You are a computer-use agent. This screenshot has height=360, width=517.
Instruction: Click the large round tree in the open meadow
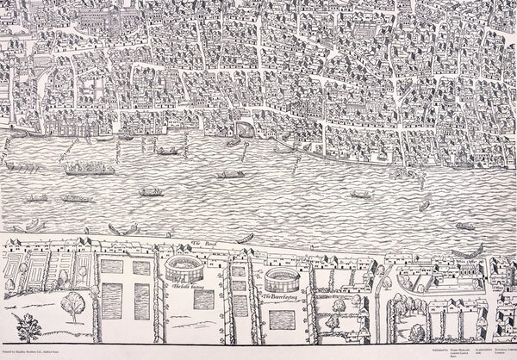tap(74, 304)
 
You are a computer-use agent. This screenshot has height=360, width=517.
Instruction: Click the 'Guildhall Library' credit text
tap(499, 348)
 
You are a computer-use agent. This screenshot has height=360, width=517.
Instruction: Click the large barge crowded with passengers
tap(90, 169)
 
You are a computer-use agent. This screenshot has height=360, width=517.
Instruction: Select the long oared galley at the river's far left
tap(22, 164)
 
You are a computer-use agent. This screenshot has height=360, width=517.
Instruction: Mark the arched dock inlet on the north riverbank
tap(244, 129)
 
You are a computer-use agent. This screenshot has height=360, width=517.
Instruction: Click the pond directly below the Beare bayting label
tap(281, 320)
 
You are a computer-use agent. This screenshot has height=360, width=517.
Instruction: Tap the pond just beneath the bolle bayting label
tap(203, 299)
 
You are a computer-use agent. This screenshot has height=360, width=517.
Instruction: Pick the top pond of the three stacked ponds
tap(239, 270)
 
